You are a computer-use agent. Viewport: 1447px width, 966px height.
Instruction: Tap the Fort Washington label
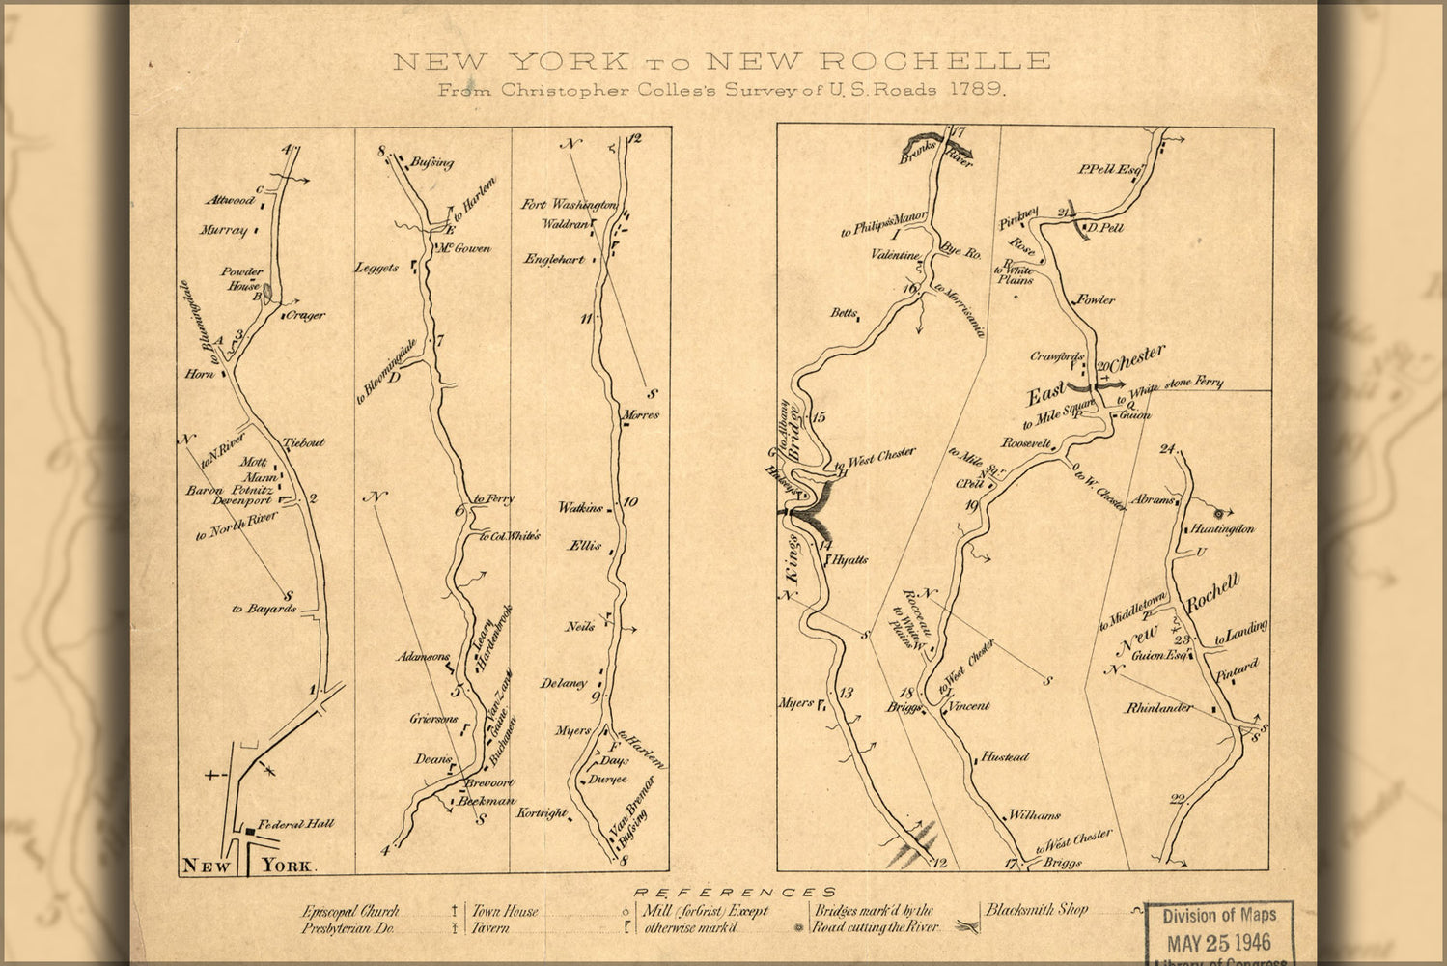tap(570, 205)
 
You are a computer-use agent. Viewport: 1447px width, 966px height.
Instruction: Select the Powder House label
tap(241, 279)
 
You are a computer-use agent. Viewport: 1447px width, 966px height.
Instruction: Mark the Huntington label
tap(1222, 529)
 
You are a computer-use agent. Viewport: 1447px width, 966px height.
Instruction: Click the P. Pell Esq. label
tap(1111, 170)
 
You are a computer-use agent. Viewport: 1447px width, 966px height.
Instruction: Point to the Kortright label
tap(543, 813)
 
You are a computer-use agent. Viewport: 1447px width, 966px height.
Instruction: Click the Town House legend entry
tap(505, 911)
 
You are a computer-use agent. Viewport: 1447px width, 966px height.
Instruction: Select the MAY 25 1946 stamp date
tap(1219, 941)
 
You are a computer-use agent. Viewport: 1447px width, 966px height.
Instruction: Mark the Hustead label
tap(1005, 758)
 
